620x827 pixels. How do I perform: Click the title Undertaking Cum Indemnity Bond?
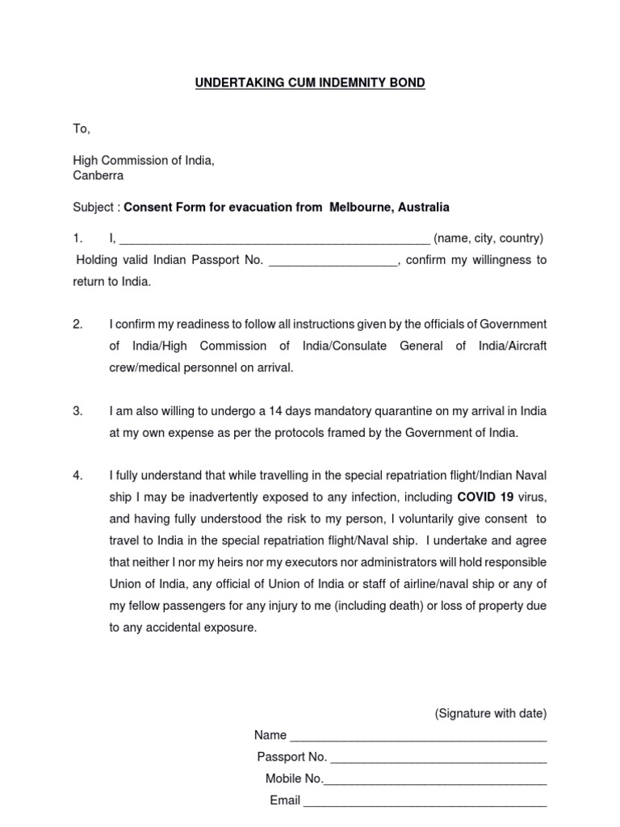(x=310, y=83)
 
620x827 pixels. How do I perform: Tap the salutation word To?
(x=82, y=129)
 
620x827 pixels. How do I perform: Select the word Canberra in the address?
(x=98, y=175)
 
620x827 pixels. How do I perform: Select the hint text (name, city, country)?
(x=488, y=238)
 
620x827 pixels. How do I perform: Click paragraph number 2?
(x=77, y=324)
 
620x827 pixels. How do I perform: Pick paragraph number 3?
(x=77, y=411)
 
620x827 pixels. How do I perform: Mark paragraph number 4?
(x=77, y=475)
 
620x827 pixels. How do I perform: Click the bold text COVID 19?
(x=485, y=497)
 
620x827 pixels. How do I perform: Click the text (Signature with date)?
(x=490, y=713)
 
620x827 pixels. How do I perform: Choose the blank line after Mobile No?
(x=435, y=780)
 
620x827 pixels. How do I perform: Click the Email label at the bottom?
(x=284, y=800)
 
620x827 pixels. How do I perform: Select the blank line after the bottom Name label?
(x=418, y=737)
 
